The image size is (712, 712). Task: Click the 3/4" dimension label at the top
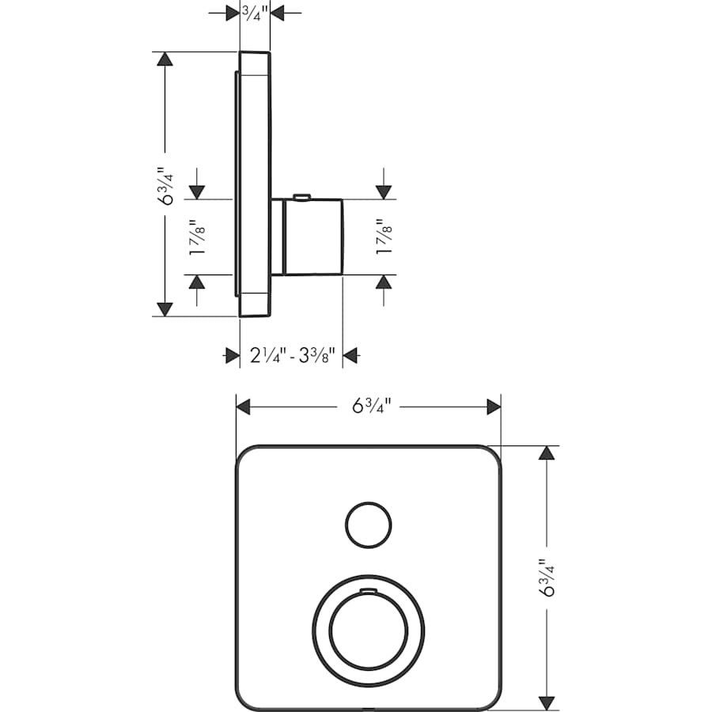[x=255, y=12]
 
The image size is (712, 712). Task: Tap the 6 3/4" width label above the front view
[x=369, y=407]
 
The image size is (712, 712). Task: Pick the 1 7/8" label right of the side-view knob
[x=384, y=237]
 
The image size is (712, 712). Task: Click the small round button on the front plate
[x=368, y=524]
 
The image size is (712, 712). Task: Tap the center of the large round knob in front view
[x=368, y=629]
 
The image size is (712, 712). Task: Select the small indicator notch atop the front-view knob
[x=368, y=591]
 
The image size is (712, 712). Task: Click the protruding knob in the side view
[x=312, y=237]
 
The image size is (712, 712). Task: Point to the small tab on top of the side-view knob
[x=301, y=195]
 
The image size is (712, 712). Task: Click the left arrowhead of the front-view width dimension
[x=244, y=407]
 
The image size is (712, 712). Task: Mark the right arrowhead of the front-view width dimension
[x=494, y=407]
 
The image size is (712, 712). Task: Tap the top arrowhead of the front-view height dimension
[x=546, y=453]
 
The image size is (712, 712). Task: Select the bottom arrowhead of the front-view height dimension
[x=546, y=702]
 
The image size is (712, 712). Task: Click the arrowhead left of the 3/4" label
[x=232, y=13]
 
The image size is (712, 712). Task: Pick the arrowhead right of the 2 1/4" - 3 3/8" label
[x=350, y=356]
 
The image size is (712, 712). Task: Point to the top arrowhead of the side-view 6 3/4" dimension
[x=164, y=59]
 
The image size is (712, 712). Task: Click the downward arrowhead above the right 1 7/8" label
[x=384, y=191]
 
